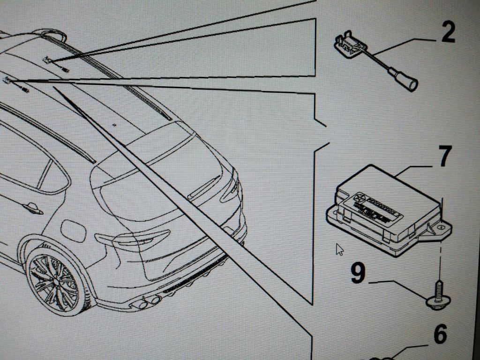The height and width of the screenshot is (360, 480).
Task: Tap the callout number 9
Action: point(358,273)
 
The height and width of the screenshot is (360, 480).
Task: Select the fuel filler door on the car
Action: point(73,230)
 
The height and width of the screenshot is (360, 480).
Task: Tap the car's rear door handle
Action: point(33,208)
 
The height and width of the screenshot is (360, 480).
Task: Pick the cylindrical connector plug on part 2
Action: point(407,83)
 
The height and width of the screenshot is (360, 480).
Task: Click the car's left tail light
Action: point(127,240)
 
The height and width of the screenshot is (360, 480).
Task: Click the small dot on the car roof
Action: point(114,125)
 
